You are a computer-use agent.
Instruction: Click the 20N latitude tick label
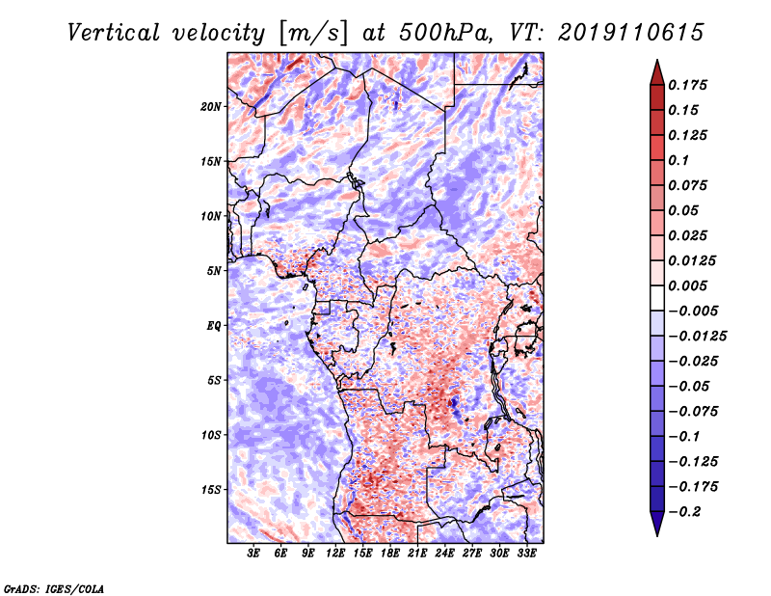211,107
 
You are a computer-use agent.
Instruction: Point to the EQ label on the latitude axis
214,326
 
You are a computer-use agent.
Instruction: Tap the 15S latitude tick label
211,490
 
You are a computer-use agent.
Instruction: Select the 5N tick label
214,271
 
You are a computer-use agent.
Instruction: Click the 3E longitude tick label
253,554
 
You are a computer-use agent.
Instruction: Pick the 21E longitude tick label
417,554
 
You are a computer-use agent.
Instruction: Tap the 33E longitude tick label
526,554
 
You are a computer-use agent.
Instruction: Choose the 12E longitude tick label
335,554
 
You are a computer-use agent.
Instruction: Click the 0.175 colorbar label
688,85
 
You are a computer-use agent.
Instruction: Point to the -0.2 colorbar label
685,512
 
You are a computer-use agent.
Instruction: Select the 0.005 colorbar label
688,285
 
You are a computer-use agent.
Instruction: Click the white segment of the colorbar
657,298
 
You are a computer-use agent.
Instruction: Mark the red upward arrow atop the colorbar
657,73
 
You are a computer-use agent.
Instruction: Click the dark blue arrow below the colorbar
657,524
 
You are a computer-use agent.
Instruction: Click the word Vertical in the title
114,33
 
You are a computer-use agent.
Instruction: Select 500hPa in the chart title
445,33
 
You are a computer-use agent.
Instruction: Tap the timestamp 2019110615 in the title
631,33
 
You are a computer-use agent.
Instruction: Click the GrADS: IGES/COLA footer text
54,588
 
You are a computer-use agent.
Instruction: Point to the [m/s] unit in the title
313,33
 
